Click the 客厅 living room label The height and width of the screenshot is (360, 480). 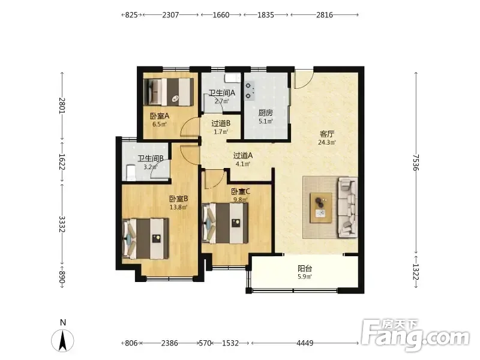point(326,134)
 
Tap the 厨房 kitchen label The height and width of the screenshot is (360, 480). point(265,113)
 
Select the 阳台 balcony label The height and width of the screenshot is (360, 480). point(305,269)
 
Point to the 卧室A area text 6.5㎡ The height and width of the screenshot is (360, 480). point(160,124)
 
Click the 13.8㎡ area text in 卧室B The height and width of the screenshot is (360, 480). point(178,207)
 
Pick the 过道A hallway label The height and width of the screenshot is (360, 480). point(243,155)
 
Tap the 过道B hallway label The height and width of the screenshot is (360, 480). point(221,124)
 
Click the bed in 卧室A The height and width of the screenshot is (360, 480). point(169,92)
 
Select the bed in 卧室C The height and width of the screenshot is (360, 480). point(225,223)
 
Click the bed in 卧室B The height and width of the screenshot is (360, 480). point(145,239)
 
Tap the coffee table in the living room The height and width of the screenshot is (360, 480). point(321,208)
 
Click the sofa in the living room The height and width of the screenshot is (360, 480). point(348,208)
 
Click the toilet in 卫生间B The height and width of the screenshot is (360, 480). point(131,173)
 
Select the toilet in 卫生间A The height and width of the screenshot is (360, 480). point(233,78)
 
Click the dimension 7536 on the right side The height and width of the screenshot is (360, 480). point(415,162)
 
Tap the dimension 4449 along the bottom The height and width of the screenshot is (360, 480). point(305,343)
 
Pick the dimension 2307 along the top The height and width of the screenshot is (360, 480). point(170,14)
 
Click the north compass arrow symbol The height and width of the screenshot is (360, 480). point(63,341)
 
